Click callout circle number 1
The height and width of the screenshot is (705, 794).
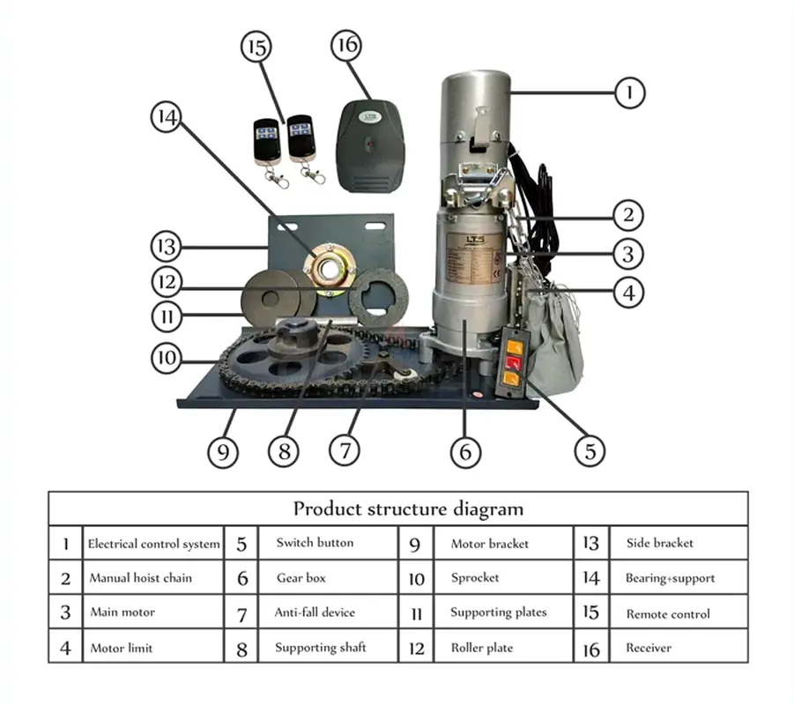[x=628, y=92]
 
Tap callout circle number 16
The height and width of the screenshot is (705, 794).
[x=348, y=47]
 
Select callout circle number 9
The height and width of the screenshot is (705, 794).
[x=223, y=451]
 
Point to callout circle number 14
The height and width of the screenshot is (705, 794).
[x=167, y=117]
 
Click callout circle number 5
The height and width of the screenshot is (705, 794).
[x=590, y=451]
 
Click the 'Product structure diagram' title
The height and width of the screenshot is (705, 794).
[x=408, y=508]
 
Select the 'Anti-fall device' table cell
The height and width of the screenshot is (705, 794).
[x=315, y=612]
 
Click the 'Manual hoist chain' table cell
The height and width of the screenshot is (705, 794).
[x=140, y=578]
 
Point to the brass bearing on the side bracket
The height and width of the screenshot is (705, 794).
[x=330, y=263]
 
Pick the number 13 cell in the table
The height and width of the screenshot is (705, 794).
[x=590, y=544]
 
